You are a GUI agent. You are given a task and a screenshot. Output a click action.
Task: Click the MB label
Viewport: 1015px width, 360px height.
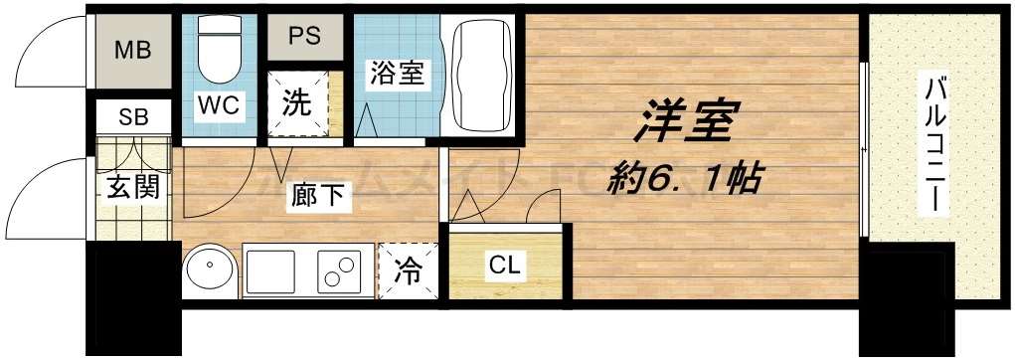point(132,50)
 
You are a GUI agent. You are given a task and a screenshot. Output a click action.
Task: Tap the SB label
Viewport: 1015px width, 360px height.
point(133,116)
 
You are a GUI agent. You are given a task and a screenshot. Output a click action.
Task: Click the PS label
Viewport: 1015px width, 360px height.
point(303,36)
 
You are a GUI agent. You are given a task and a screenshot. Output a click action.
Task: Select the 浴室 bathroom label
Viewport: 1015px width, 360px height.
point(398,75)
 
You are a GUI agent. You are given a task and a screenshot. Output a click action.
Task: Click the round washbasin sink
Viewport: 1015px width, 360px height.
point(210,269)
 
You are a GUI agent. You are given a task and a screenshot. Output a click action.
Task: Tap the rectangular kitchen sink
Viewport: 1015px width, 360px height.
point(271,269)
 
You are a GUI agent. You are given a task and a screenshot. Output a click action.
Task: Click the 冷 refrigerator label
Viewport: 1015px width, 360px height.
point(409,269)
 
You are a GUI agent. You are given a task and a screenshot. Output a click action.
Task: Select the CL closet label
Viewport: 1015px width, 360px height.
point(505,266)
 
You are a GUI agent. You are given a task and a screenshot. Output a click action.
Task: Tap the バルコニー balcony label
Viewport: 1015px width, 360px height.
point(934,144)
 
